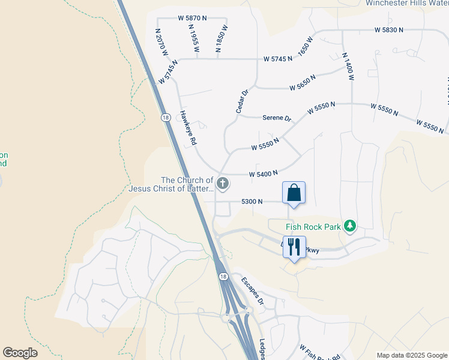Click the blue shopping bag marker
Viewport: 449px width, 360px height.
[x=294, y=193]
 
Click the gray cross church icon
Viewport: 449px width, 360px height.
[x=222, y=183]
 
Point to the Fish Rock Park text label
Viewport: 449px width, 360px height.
[x=313, y=226]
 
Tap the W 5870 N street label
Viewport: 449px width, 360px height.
[x=192, y=19]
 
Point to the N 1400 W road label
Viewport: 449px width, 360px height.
[x=348, y=67]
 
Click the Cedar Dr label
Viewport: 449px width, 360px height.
[x=241, y=101]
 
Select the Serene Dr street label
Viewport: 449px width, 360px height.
[x=277, y=118]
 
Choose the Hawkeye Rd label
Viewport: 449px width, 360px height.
[x=187, y=128]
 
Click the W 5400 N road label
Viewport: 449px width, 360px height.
[x=264, y=173]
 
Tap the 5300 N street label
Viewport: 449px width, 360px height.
[x=252, y=202]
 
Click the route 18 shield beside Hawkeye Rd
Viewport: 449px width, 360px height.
[x=164, y=118]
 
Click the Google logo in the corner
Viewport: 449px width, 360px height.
[x=20, y=352]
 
